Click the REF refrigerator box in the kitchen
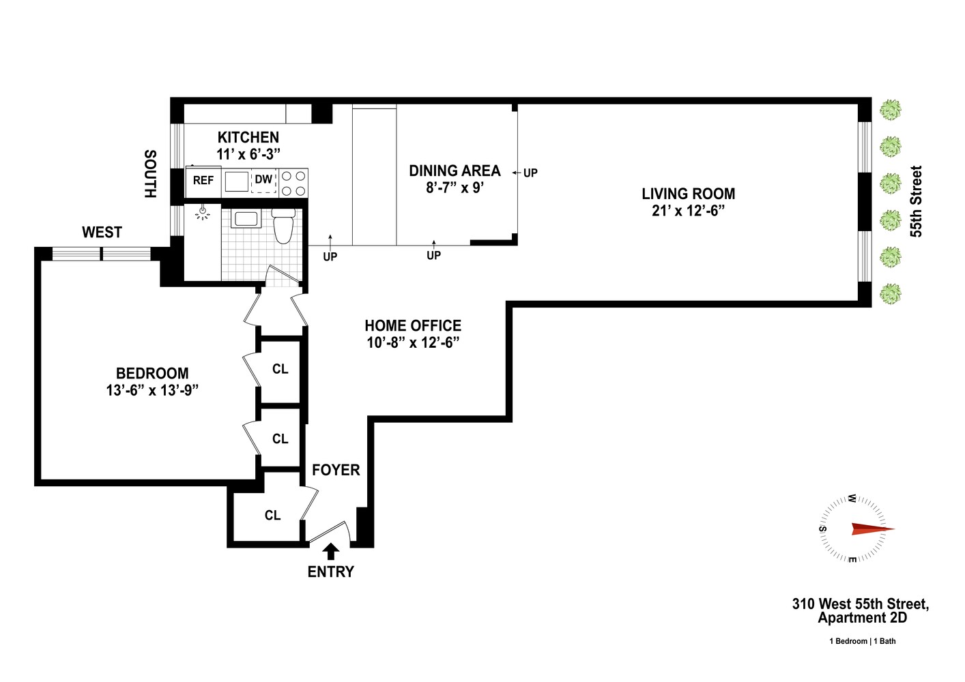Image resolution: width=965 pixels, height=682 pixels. pos(203,181)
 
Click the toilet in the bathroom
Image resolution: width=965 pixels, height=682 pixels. pos(283,226)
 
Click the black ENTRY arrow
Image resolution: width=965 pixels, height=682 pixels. pos(331,551)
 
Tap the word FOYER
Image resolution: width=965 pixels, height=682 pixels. pos(336,470)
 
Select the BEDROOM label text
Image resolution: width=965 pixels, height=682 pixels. pos(152,373)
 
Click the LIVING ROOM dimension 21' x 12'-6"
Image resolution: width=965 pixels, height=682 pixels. pos(688,211)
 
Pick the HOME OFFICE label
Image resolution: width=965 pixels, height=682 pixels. pos(413,326)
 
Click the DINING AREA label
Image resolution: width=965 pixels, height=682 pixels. pos(455,170)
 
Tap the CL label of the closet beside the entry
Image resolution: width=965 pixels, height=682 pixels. pos(272,516)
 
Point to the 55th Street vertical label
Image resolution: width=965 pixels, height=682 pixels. pos(917,201)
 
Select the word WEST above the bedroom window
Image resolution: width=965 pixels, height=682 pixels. pos(102,233)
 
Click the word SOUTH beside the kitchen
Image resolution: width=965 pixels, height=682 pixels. pos(150,174)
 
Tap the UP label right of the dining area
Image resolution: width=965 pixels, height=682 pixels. pos(530,173)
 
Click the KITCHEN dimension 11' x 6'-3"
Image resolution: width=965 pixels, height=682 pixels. pos(248,154)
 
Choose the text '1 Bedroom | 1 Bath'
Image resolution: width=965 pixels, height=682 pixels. pos(863,641)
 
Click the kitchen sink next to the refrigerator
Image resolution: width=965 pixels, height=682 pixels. pos(237,181)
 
